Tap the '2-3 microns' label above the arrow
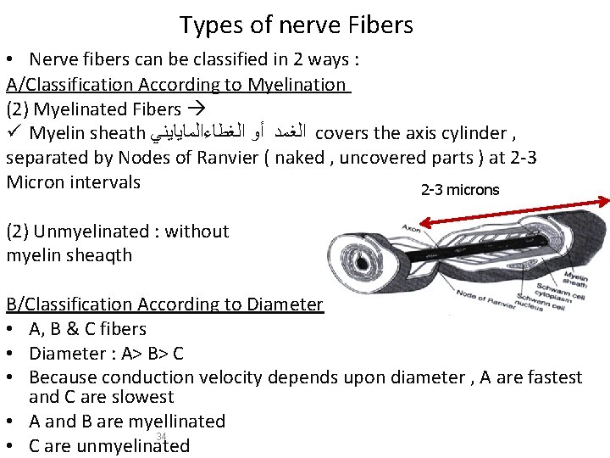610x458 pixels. click(x=460, y=190)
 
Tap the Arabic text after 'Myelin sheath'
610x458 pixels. click(x=229, y=133)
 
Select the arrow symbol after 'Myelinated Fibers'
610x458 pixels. click(x=194, y=109)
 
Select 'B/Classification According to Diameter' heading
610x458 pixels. click(x=164, y=304)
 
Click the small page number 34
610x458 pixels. click(x=160, y=436)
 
